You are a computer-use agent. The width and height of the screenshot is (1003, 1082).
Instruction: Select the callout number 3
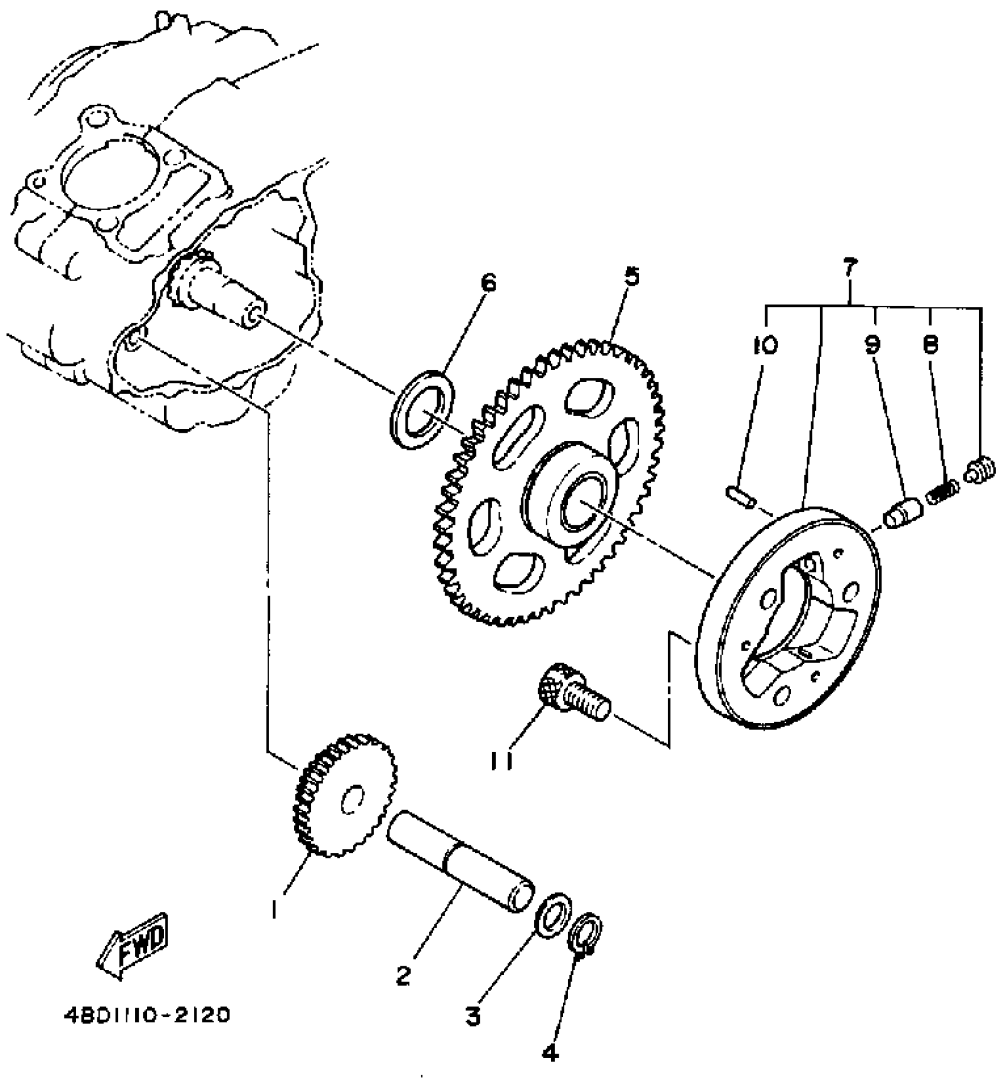(x=473, y=1016)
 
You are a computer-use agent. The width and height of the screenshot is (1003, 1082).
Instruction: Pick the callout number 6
(x=489, y=283)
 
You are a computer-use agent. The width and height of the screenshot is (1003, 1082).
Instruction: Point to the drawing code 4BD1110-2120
(x=146, y=1015)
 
